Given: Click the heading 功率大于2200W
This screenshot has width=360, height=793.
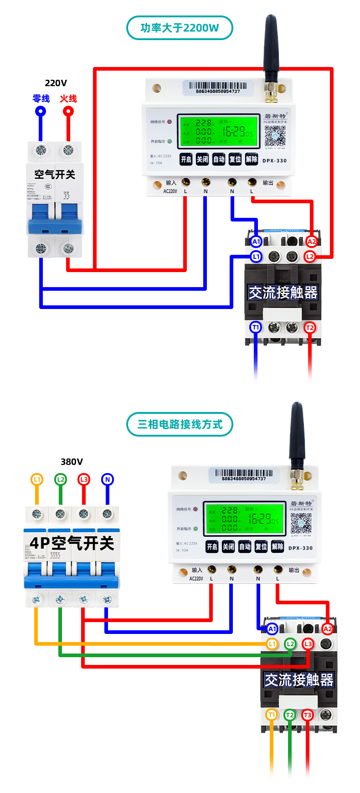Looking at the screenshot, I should coord(180,28).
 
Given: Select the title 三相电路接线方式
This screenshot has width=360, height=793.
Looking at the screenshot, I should coord(180,424).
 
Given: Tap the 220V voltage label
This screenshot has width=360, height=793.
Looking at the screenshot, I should coord(56,83).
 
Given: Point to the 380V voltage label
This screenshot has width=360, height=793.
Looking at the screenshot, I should coord(72,462).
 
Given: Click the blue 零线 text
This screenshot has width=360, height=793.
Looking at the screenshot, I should coord(41,98).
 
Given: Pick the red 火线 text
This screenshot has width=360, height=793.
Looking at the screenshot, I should coord(68,98).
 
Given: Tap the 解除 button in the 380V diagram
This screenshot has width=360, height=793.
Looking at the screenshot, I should coord(277,546).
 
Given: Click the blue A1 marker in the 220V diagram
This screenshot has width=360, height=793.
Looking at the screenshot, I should coord(256,242).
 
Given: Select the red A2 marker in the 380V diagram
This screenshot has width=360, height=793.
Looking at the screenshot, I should coord(327,629).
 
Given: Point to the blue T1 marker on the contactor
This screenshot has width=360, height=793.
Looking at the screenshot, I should coord(256,327).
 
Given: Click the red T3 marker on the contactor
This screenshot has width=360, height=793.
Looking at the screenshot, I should coord(308,715).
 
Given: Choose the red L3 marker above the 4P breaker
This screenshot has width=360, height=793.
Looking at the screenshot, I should coord(84,479).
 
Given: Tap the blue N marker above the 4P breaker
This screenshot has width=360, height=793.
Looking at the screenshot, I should coord(108,479).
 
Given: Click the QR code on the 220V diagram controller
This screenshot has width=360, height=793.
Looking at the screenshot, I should coord(275,135).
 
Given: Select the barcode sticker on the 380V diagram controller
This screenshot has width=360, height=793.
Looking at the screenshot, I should coord(244,474).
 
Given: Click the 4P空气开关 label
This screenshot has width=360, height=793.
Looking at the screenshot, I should coord(72,543).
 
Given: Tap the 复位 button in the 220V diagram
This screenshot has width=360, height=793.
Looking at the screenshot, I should coord(235,159).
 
